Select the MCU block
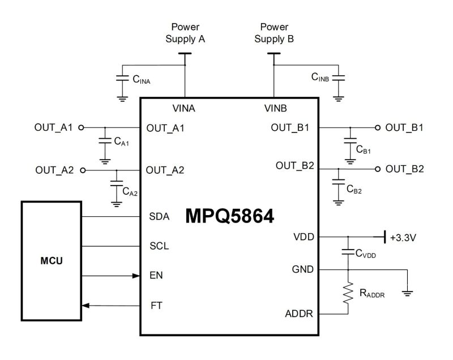(x=52, y=262)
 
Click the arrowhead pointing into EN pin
(x=136, y=276)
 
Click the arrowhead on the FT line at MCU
(x=86, y=306)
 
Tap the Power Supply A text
(x=185, y=33)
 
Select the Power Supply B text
(x=274, y=33)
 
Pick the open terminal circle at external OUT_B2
(x=379, y=169)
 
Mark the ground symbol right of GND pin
(x=407, y=292)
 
